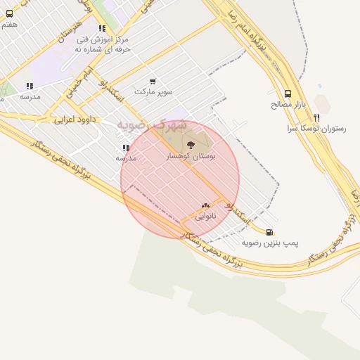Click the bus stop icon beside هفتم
(x=9, y=13)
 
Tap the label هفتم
(x=9, y=25)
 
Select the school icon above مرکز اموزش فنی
(x=102, y=29)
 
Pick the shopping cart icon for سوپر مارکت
(x=153, y=82)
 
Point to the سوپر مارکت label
(x=153, y=92)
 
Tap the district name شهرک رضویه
(x=151, y=125)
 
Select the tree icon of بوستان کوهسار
(x=191, y=145)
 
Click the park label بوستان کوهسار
(x=190, y=155)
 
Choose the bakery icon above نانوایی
(x=205, y=205)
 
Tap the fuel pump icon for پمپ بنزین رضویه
(x=269, y=231)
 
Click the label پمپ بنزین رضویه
(x=271, y=243)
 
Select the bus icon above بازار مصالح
(x=288, y=94)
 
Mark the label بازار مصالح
(x=288, y=105)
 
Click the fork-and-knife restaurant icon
(x=317, y=117)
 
